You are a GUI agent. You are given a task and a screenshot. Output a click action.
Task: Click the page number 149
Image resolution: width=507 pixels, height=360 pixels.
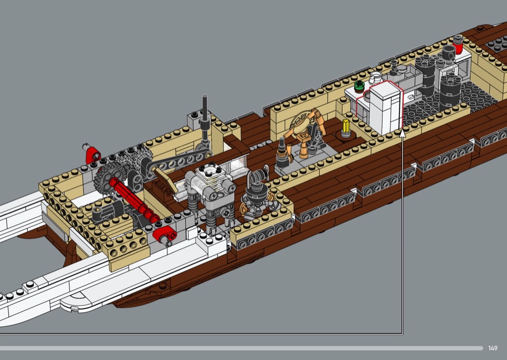[493, 348]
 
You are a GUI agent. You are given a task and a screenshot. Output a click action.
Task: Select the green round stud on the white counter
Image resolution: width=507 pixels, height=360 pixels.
[359, 85]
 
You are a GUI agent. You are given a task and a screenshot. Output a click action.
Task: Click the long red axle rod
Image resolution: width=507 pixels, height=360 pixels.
[134, 200]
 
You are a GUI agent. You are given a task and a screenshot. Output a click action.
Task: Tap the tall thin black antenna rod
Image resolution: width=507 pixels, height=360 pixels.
[204, 110]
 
